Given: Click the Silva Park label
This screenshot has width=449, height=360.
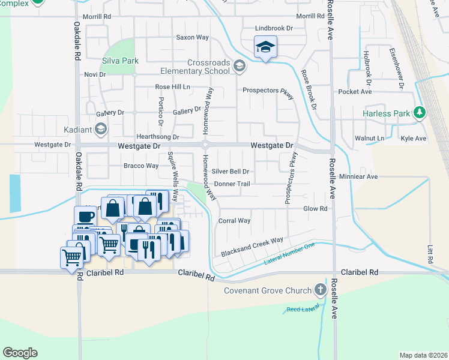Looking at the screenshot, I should (x=121, y=61).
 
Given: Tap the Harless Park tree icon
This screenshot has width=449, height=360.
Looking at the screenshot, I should (x=421, y=112).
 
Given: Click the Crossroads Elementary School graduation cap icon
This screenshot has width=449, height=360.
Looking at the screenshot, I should (x=239, y=66).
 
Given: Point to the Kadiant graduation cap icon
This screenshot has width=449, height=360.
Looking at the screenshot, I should (x=101, y=129).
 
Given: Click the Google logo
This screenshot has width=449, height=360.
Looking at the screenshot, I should (x=20, y=353).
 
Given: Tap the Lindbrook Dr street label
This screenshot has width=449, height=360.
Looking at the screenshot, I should (x=273, y=28).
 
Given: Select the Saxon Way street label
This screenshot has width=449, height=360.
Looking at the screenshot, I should (x=192, y=37).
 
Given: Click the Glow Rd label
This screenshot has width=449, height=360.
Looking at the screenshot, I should (x=315, y=209).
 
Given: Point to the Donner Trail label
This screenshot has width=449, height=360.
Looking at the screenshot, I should (x=232, y=184).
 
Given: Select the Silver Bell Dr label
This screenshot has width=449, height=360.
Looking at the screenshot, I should (x=230, y=171).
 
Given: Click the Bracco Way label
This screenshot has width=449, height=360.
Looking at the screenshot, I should (x=140, y=166).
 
